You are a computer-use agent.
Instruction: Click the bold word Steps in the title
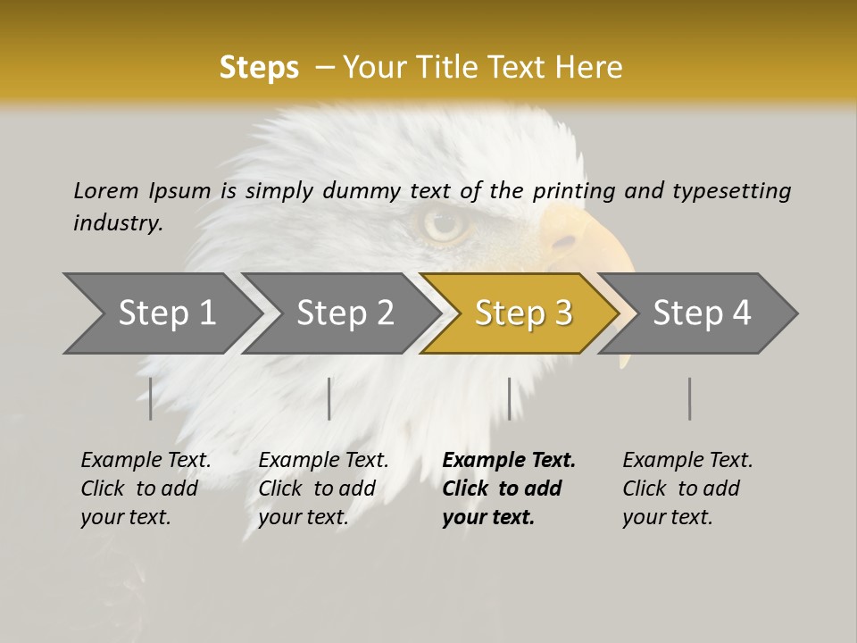coord(259,68)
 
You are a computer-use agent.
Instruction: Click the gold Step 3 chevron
coord(523,313)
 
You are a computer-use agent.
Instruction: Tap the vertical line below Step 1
coord(151,398)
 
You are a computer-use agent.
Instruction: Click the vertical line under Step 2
coord(329,398)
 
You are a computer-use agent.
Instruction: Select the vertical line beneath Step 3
coord(509,398)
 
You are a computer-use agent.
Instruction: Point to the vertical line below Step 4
coord(689,398)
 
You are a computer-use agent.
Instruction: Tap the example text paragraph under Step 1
coord(146,488)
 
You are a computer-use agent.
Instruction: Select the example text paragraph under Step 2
coord(323,488)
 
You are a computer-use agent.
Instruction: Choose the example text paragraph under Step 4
coord(687,488)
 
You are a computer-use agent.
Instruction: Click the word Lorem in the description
coord(105,190)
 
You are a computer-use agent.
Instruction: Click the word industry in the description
coord(118,223)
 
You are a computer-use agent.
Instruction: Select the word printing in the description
coord(574,191)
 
